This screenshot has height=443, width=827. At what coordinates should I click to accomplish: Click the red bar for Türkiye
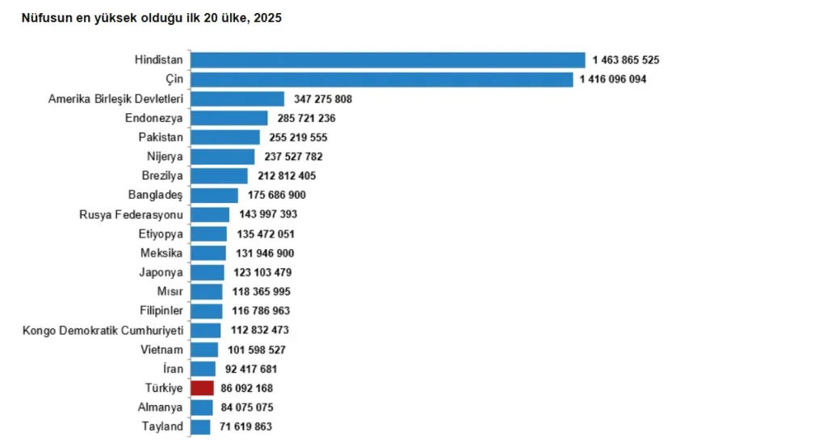203,388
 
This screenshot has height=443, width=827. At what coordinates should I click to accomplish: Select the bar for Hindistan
388,60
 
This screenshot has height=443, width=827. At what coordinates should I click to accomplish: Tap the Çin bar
382,79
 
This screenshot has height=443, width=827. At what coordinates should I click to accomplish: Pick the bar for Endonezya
229,118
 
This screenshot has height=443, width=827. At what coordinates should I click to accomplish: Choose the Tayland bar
200,427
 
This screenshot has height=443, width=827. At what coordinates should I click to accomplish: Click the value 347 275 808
323,99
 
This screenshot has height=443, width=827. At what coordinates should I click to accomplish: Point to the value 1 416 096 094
613,79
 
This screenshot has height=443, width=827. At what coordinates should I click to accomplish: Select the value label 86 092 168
247,388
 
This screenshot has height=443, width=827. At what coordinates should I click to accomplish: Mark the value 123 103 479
262,272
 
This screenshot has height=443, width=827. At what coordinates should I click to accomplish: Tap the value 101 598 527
257,349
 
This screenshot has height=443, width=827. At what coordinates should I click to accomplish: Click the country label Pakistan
161,137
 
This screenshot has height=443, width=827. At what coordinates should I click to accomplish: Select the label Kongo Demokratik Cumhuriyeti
103,331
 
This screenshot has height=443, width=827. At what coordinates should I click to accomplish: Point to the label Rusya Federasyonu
132,214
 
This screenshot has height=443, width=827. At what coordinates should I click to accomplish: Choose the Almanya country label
161,407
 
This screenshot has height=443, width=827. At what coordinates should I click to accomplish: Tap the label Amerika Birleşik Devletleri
116,99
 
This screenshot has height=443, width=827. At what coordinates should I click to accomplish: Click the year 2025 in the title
268,18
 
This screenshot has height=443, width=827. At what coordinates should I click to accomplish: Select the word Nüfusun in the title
43,18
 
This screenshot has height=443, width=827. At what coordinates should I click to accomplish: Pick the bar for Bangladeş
215,196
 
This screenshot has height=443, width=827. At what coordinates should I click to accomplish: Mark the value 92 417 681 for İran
251,369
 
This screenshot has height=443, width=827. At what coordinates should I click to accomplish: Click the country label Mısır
170,292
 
